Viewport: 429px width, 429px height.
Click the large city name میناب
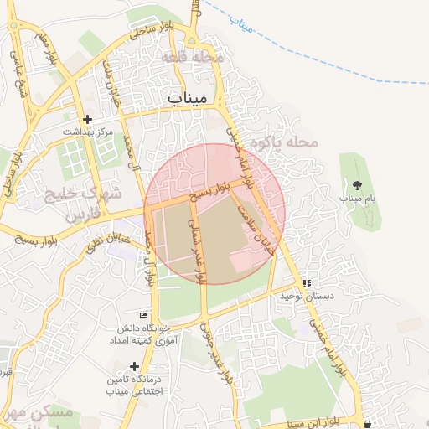[186, 99]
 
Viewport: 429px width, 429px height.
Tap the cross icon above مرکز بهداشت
[88, 120]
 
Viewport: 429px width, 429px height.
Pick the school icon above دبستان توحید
[307, 284]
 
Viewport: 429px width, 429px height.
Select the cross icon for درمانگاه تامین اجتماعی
[134, 366]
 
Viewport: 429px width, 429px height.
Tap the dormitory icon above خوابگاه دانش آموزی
[143, 315]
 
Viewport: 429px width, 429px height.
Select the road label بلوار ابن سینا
[319, 421]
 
